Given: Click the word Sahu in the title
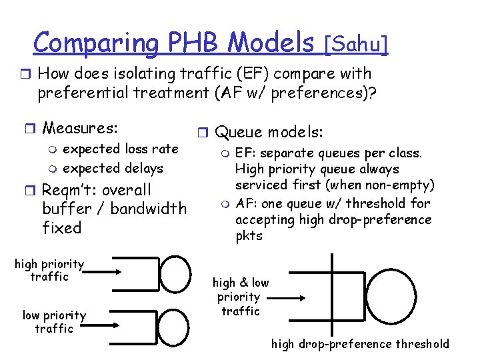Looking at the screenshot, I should [355, 44].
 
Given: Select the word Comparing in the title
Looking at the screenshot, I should [95, 44].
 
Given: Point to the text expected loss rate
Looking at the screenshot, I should [121, 149].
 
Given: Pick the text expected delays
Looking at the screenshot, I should [113, 168].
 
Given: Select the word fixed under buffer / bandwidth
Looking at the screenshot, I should [61, 228].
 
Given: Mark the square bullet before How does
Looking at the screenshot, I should [27, 74].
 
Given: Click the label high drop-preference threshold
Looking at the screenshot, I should [360, 344].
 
